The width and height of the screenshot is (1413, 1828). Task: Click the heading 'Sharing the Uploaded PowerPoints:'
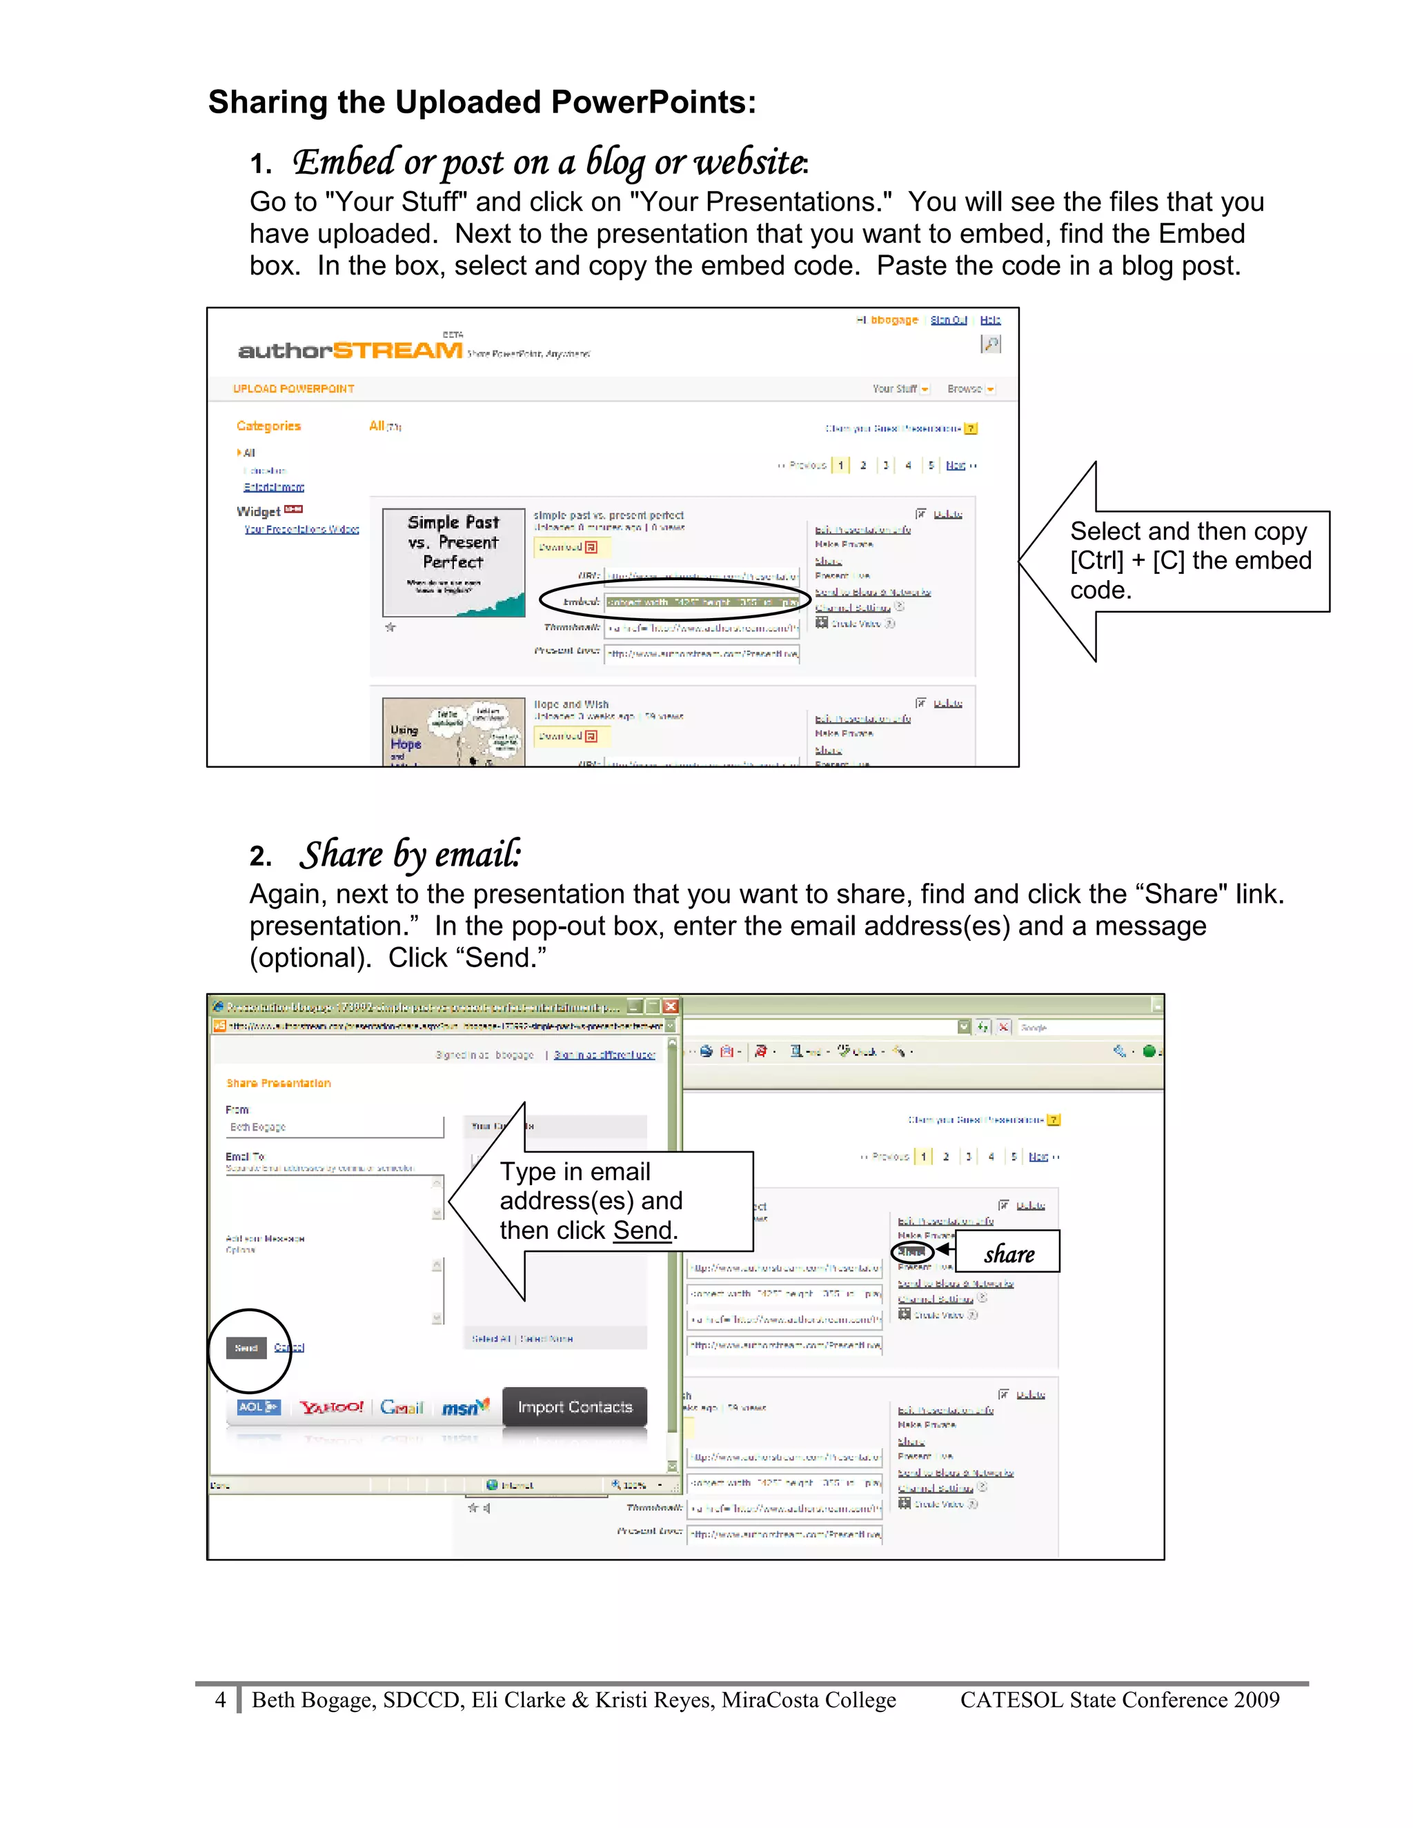(x=482, y=102)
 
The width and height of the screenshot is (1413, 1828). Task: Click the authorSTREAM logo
(x=350, y=350)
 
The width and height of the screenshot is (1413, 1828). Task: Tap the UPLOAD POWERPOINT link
(x=293, y=388)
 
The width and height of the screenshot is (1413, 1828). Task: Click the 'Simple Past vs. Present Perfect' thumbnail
(x=453, y=562)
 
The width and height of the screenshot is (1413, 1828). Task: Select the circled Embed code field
(x=702, y=602)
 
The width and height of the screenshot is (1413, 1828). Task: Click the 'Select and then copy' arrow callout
(x=1189, y=560)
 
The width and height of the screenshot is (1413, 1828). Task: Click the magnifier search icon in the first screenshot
(x=990, y=344)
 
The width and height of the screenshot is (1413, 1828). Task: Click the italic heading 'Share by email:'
(x=411, y=855)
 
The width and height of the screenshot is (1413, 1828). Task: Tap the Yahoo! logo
(x=331, y=1407)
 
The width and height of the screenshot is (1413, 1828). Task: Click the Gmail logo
(x=402, y=1407)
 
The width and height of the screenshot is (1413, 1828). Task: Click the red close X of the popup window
(x=671, y=1006)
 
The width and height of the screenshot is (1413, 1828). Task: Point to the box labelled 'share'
(x=1009, y=1253)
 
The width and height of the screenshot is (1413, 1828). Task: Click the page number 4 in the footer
(x=220, y=1700)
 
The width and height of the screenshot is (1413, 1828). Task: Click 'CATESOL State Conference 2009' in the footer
(x=1119, y=1700)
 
